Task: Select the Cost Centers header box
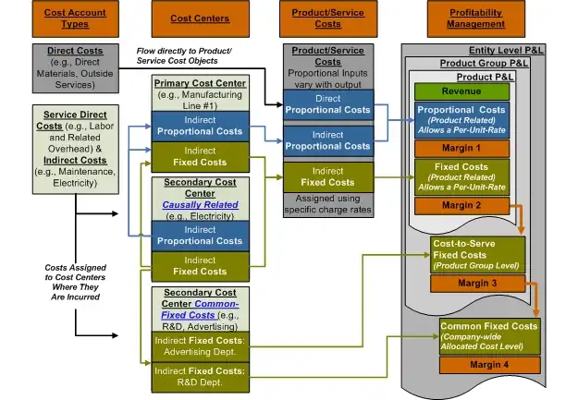201,18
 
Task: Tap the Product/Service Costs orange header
328,18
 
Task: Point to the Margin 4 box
489,365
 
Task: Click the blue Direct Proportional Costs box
328,103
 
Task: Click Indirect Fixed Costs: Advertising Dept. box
200,345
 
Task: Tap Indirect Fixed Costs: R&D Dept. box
200,376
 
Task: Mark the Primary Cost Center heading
200,83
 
